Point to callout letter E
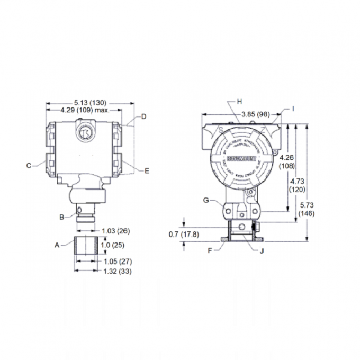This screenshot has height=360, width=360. click(147, 170)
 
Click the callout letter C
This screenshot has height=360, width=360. click(29, 165)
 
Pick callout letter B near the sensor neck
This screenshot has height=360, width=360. click(61, 217)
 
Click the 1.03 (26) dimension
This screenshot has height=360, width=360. click(115, 231)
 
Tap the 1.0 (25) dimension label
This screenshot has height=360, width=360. click(112, 246)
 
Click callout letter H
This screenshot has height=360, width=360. click(239, 101)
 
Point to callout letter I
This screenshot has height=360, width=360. click(293, 108)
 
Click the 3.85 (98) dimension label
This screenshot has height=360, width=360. click(256, 114)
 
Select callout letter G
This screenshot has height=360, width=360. click(206, 200)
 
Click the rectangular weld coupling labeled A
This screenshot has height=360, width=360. click(86, 247)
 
